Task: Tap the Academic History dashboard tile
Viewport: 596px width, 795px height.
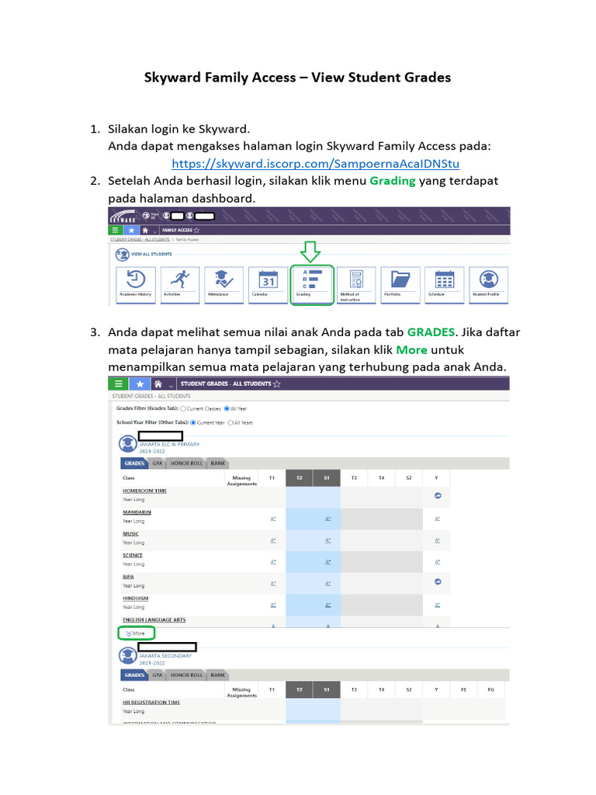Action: coord(134,285)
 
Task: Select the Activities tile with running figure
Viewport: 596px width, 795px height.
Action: coord(178,285)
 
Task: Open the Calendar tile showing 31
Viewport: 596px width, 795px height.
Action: coord(267,285)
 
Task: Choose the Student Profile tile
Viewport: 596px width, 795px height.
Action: coord(488,285)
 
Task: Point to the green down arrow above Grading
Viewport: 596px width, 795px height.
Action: coord(310,252)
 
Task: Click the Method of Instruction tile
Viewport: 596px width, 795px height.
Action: coord(355,285)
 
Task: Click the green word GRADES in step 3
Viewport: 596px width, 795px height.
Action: coord(431,332)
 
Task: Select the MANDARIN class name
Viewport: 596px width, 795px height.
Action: coord(137,512)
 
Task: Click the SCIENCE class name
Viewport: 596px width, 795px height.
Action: coord(133,555)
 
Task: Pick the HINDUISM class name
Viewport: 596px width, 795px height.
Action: coord(135,599)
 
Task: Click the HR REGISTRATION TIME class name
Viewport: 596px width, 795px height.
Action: coord(151,702)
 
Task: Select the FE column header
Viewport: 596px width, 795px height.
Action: coord(464,689)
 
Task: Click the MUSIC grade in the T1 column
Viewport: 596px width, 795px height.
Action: coord(273,540)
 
